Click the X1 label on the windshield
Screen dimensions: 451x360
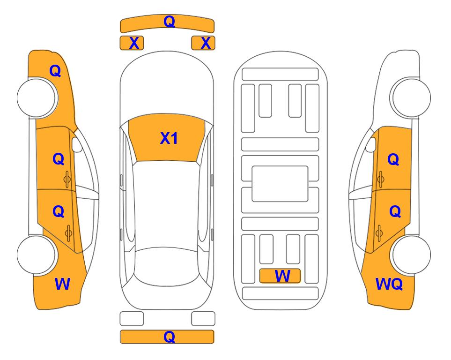tap(169, 138)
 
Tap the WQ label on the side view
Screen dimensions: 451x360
tap(389, 284)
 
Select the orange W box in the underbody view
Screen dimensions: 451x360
tap(280, 276)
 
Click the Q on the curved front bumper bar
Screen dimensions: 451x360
tap(169, 21)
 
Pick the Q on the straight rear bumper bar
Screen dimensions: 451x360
tap(169, 337)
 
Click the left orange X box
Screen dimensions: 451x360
tap(132, 43)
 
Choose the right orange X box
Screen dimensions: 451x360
tap(203, 43)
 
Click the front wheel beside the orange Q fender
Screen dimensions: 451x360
tap(37, 98)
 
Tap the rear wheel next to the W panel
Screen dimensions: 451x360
tap(37, 255)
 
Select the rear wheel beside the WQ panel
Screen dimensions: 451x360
tap(410, 255)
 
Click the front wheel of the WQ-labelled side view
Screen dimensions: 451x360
tap(410, 98)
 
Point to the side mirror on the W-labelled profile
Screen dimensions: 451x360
tap(77, 144)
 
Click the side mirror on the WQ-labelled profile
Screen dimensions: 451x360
tap(370, 144)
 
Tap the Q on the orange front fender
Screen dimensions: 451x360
tap(55, 71)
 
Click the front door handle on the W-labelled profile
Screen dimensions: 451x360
tap(67, 179)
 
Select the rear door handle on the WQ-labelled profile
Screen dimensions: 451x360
tap(379, 233)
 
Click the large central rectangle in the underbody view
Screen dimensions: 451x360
tap(280, 184)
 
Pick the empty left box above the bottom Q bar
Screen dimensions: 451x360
tap(132, 319)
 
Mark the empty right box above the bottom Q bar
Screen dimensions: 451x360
tap(203, 319)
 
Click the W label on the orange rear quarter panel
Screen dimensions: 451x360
tap(62, 284)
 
